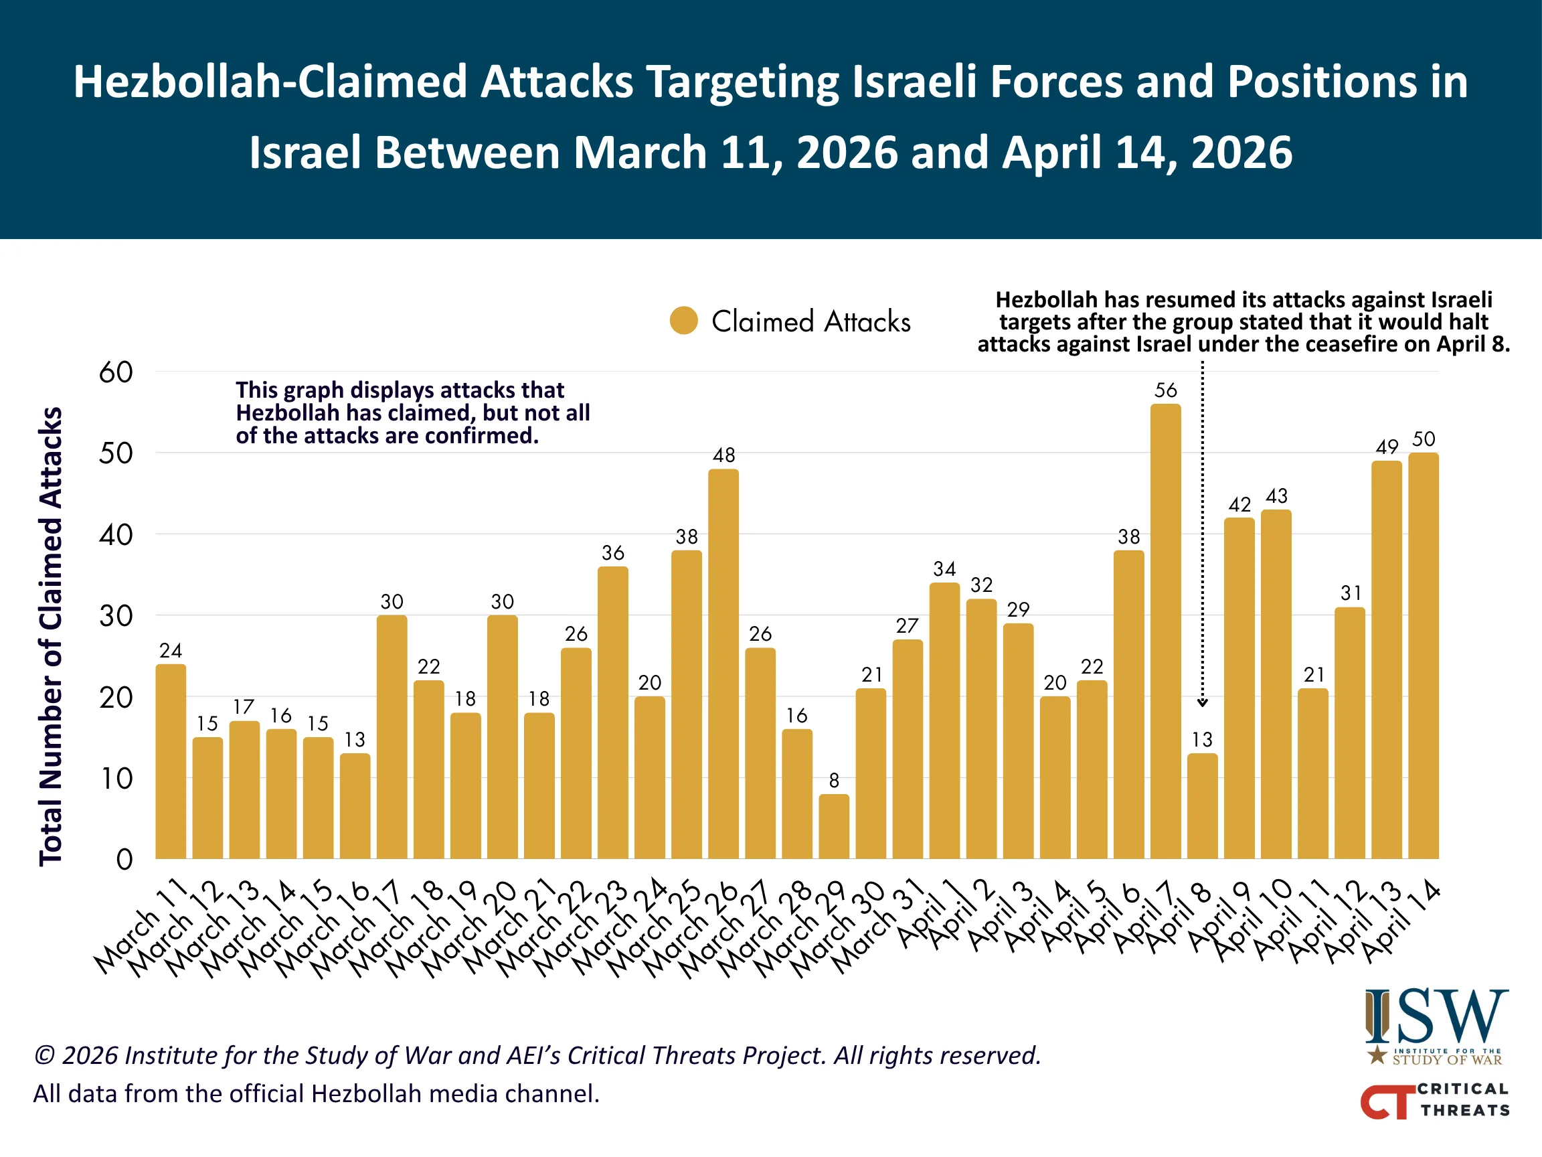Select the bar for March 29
click(834, 826)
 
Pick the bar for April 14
click(1423, 655)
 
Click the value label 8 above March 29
click(834, 781)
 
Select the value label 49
click(1387, 447)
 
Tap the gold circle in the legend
click(684, 321)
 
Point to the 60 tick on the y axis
click(116, 372)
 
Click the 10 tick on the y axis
click(116, 779)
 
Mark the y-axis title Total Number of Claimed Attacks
click(51, 636)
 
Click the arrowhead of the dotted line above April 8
click(1202, 703)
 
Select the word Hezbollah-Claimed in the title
click(270, 82)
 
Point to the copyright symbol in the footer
click(45, 1056)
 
